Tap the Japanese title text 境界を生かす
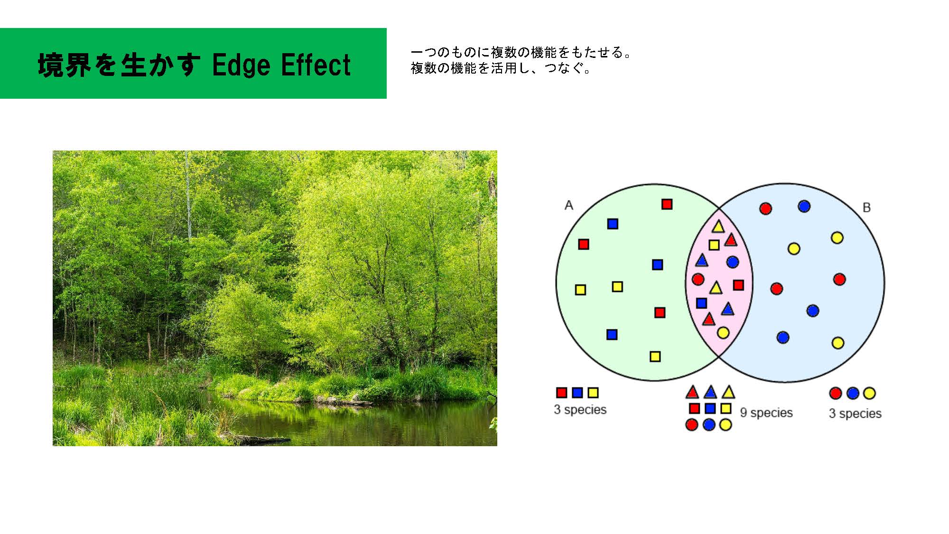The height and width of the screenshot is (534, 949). (119, 65)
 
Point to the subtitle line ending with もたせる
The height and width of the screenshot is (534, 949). (521, 52)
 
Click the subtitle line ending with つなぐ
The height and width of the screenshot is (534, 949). (501, 68)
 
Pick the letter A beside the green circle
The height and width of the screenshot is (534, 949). (569, 205)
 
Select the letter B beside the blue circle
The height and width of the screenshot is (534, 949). (866, 207)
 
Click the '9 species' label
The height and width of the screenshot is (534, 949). (766, 413)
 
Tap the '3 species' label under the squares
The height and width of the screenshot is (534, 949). (580, 410)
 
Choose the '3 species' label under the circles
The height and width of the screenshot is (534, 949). (855, 413)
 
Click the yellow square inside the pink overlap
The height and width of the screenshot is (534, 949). (714, 245)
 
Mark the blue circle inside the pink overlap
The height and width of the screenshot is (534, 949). (732, 262)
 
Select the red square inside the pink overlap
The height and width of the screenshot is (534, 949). (738, 285)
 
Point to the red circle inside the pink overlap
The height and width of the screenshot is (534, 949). (698, 279)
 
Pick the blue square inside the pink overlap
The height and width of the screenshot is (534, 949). (701, 303)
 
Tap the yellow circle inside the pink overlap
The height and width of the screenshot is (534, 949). (723, 333)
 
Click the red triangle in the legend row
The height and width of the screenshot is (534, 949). (692, 393)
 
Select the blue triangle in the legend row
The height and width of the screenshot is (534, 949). (710, 393)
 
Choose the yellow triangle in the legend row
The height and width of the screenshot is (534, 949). (728, 393)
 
